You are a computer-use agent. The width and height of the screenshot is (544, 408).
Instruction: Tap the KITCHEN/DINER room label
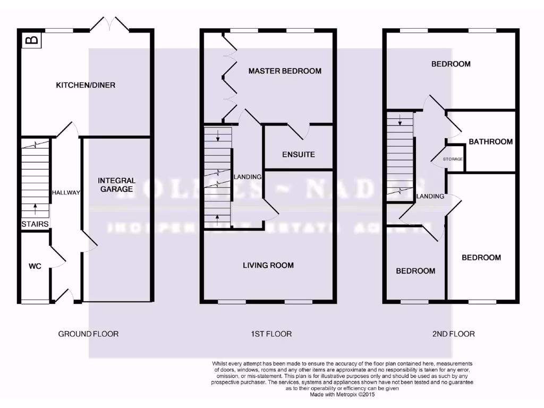click(x=86, y=85)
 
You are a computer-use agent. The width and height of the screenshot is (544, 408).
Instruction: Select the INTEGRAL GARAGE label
click(x=116, y=185)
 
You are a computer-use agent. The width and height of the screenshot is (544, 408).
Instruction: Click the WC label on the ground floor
click(x=35, y=266)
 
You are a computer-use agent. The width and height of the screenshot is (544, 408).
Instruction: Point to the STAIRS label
click(x=36, y=224)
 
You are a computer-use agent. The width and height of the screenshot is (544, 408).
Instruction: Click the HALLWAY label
click(x=66, y=193)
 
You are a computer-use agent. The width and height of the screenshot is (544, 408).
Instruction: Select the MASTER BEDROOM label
click(x=285, y=71)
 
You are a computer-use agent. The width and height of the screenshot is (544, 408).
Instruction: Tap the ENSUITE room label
click(x=298, y=155)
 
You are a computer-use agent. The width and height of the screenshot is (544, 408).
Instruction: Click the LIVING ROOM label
click(x=268, y=265)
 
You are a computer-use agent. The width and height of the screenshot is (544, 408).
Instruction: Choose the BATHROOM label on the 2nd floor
click(x=490, y=141)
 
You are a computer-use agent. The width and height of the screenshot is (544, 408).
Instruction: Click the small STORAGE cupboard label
click(x=453, y=159)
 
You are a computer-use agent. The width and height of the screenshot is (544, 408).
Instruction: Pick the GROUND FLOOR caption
click(x=88, y=334)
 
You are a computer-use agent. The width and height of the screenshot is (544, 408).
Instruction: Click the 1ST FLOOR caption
click(x=271, y=334)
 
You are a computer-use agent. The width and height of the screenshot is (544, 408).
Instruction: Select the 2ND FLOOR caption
click(x=453, y=334)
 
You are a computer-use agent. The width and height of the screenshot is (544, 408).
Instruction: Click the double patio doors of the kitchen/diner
click(x=109, y=23)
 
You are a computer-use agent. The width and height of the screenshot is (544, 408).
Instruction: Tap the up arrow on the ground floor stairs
click(x=36, y=207)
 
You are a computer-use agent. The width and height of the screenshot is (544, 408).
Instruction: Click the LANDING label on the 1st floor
click(x=248, y=177)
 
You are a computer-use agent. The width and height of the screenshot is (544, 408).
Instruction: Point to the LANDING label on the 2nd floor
click(x=430, y=196)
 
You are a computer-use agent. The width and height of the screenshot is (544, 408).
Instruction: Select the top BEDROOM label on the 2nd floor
click(x=450, y=64)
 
